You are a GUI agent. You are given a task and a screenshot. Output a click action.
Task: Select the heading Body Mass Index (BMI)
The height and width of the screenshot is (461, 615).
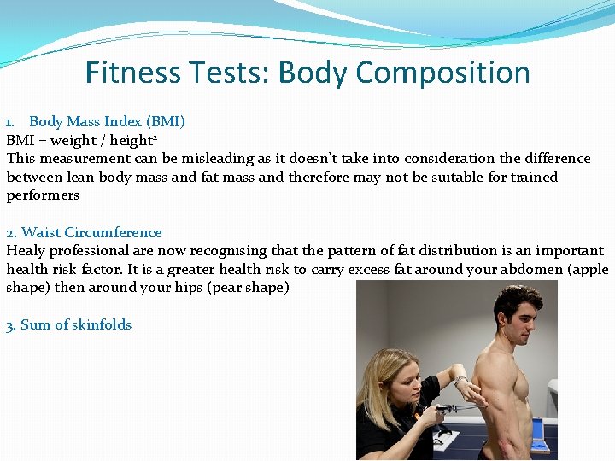tap(107, 121)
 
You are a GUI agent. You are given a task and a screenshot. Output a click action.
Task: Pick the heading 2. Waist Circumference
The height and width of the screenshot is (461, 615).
tap(84, 232)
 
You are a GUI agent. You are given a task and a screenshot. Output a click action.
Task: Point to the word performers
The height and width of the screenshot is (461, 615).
tap(43, 195)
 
